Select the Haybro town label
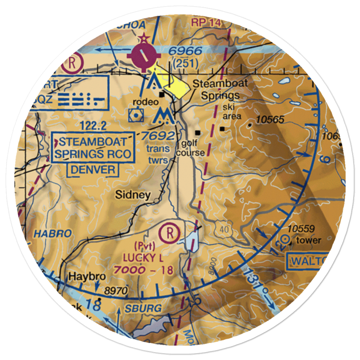(82, 277)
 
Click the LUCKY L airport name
(143, 258)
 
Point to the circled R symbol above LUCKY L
(171, 233)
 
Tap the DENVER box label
(93, 169)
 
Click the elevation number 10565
(269, 120)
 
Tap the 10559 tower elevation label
(301, 229)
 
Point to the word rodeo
(145, 102)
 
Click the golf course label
(190, 148)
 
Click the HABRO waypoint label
(53, 233)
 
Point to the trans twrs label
(157, 154)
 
